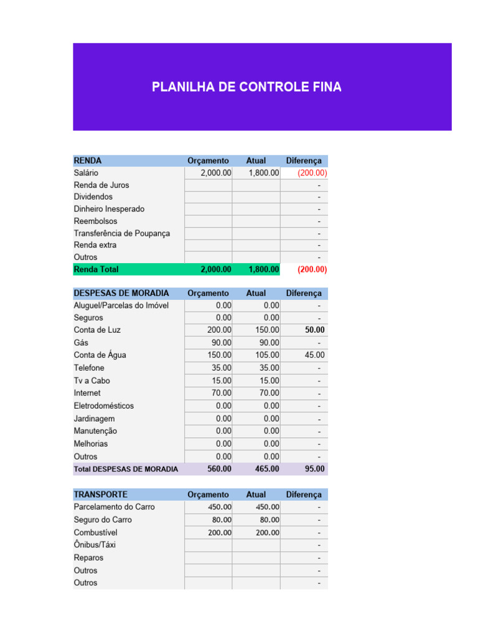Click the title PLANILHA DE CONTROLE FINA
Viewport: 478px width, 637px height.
point(246,87)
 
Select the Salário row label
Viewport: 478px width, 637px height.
point(86,173)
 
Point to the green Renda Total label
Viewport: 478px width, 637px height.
point(96,269)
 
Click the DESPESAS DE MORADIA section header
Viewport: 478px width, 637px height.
point(121,293)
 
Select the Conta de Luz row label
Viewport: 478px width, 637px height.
point(97,330)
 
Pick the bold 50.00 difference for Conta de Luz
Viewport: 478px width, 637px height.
point(314,330)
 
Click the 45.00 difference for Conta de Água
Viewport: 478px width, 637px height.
point(314,355)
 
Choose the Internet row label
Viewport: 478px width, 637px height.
point(87,393)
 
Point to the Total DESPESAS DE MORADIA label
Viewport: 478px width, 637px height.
point(126,469)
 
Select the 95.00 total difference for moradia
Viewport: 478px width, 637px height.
point(314,468)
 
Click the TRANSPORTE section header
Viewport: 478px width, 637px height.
point(100,495)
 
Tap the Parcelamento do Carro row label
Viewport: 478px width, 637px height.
point(114,507)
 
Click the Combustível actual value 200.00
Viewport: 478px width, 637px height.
point(267,532)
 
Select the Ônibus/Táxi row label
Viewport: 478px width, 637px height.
point(95,545)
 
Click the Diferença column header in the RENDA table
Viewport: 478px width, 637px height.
point(304,160)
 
